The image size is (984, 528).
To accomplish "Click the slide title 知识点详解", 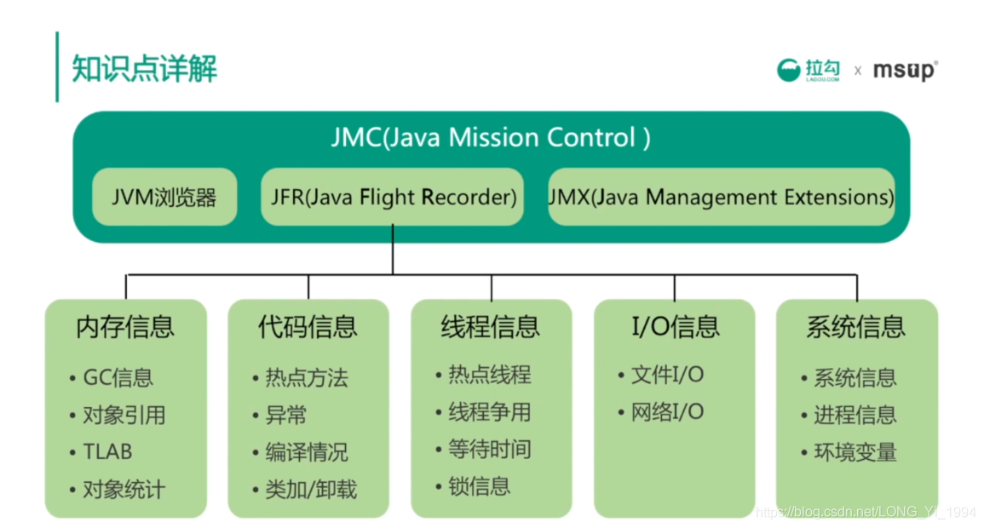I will coord(145,68).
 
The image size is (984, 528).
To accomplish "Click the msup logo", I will coord(905,71).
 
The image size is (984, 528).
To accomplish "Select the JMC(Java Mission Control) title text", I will coord(491,138).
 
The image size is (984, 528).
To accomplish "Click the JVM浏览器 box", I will coord(164,198).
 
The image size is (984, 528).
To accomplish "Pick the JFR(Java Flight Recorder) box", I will coord(392,198).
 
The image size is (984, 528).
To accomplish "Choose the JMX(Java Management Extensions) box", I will coord(721,198).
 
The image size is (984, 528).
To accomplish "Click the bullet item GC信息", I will coord(118,377).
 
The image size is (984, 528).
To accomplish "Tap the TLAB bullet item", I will coord(107,452).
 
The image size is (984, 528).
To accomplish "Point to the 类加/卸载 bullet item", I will coord(311,490).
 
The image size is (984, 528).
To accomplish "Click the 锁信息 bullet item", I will coord(479,486).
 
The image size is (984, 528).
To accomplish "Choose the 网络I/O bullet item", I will coord(667,412).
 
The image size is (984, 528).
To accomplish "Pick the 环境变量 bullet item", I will coord(855,452).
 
